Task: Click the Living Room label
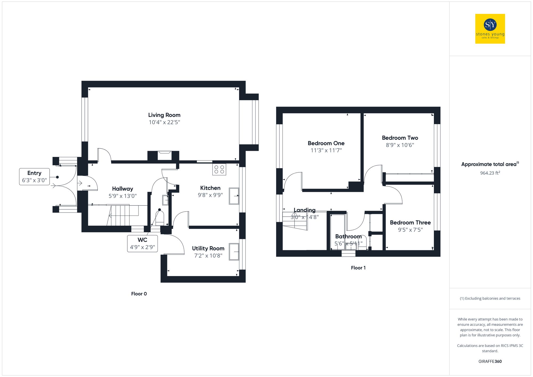point(164,115)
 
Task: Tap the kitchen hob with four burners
point(219,169)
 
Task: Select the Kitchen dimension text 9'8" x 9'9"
point(210,195)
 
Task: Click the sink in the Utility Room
point(234,252)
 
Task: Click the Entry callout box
point(34,177)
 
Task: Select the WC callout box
point(142,244)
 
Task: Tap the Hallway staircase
point(123,215)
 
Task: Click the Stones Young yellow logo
point(490,29)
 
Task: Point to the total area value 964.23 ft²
point(490,173)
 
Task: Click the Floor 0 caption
point(139,294)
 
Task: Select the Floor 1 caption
point(358,268)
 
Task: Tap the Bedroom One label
point(326,143)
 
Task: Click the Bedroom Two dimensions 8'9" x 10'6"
point(400,145)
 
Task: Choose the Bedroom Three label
point(410,222)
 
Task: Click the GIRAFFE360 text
point(490,361)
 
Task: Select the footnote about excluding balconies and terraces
point(490,298)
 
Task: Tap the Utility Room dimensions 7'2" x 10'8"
point(208,256)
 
